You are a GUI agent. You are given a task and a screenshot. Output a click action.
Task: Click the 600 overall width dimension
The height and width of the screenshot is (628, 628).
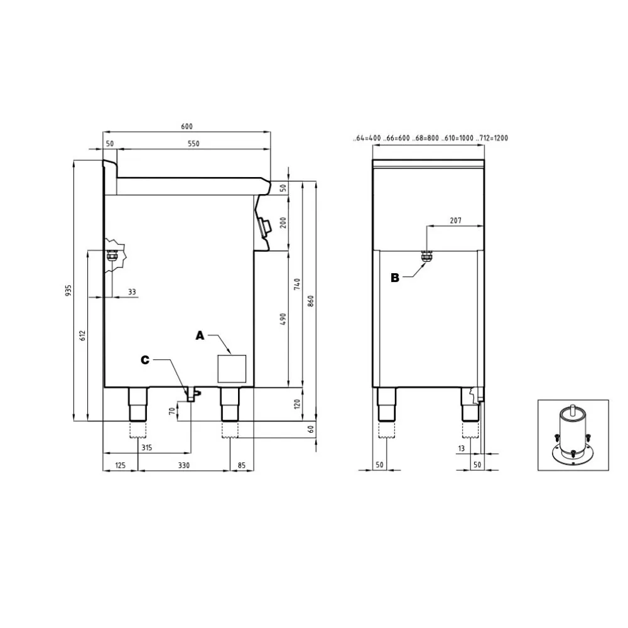187,126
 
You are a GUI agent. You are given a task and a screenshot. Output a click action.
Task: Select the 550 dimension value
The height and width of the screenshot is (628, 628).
193,144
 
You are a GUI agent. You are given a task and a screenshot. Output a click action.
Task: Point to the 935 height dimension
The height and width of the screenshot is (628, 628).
68,290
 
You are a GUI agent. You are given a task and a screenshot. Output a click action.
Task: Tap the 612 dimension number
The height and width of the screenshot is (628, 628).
82,335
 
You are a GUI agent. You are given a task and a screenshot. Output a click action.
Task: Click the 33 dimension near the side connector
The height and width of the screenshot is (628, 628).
131,291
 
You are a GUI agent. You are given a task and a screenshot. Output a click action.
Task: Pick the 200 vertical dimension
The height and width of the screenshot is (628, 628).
283,222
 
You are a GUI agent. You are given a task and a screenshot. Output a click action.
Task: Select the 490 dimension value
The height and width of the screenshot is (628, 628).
283,319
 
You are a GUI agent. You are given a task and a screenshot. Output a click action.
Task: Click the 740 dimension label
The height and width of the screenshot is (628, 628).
297,284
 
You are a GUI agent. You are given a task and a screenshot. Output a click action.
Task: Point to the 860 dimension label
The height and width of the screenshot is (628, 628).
310,301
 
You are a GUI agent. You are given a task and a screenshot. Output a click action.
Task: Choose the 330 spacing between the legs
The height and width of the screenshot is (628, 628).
183,465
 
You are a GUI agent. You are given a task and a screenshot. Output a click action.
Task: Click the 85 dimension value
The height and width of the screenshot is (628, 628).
242,465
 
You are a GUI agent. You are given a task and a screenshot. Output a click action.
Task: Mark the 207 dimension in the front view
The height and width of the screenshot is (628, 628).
455,220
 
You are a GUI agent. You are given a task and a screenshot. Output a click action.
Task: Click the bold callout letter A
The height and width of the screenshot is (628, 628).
200,337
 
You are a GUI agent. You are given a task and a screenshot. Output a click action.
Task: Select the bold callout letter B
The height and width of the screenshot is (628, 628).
395,278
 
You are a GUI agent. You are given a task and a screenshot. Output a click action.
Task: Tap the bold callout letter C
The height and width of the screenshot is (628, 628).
145,360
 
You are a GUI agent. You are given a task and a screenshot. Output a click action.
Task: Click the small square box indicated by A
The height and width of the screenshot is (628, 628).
232,368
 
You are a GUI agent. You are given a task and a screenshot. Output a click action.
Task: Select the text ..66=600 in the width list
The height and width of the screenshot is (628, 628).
398,138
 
